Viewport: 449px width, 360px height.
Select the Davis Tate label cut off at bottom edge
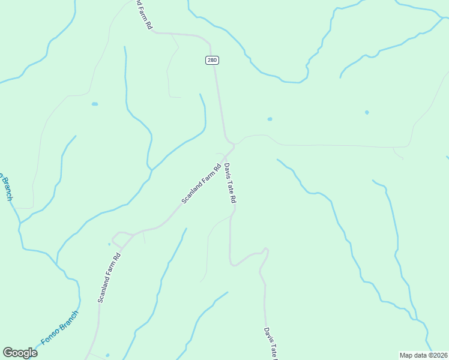click(270, 343)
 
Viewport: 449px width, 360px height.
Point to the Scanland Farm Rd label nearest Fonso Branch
click(109, 277)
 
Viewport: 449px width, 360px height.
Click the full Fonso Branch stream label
click(59, 328)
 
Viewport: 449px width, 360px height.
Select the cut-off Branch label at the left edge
click(5, 187)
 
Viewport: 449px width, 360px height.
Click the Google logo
click(20, 353)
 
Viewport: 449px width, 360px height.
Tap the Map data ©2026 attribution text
click(423, 355)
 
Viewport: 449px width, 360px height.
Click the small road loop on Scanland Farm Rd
click(121, 239)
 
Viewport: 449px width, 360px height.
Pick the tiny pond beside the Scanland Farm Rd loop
click(109, 244)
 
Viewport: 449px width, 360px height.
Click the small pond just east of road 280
click(270, 119)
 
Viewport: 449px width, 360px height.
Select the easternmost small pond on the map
click(367, 112)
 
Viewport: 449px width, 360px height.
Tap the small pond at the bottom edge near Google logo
click(107, 355)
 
